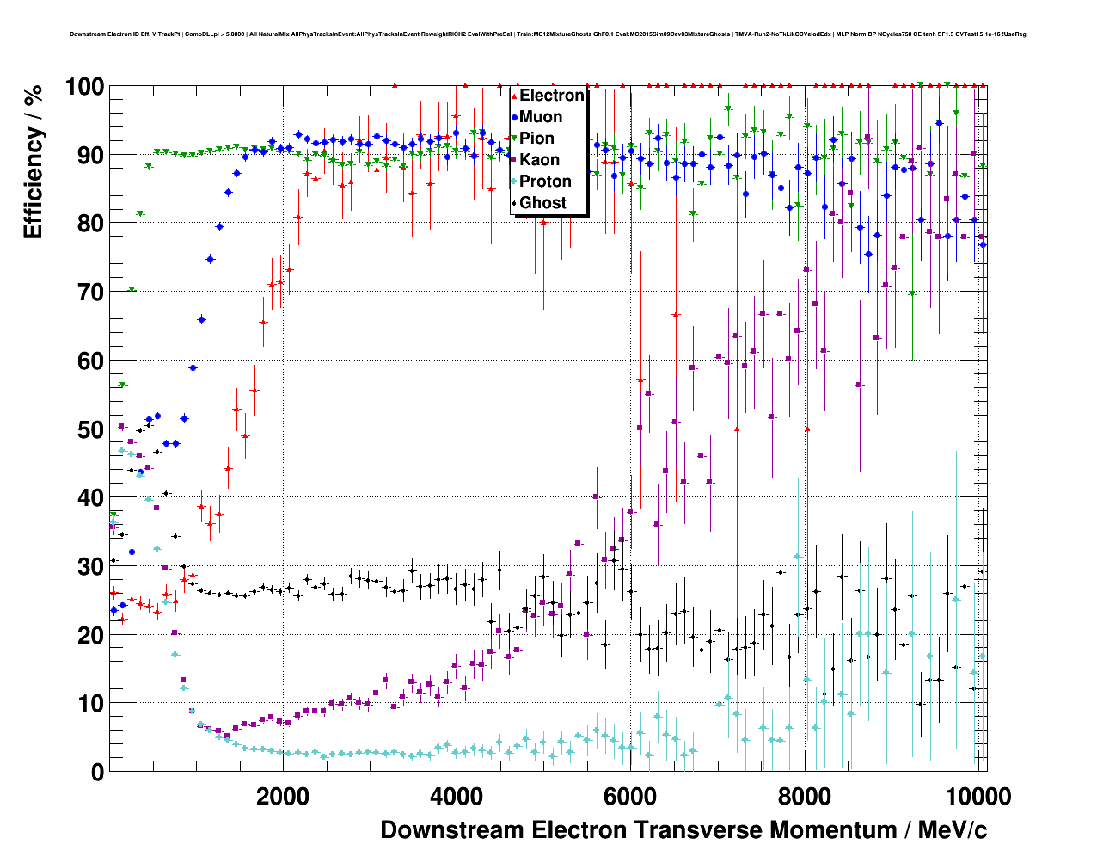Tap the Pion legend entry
click(536, 139)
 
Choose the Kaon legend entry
click(538, 160)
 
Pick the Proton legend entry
click(545, 182)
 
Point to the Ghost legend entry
click(542, 203)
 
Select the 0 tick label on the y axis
click(96, 772)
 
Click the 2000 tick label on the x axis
click(282, 797)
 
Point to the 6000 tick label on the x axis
click(631, 797)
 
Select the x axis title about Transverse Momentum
click(683, 830)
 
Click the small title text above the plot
click(547, 34)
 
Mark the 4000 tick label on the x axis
click(457, 797)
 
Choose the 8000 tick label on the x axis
click(806, 797)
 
